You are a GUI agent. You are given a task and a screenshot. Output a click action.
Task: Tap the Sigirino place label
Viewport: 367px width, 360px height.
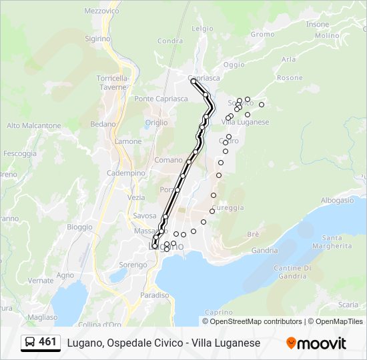[x=97, y=39]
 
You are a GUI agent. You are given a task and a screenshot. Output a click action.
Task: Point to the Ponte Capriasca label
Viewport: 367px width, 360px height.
[x=161, y=99]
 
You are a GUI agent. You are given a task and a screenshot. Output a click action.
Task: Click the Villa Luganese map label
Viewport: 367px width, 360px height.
[x=245, y=122]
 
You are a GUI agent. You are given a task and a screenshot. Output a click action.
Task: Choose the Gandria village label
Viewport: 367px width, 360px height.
[x=265, y=251]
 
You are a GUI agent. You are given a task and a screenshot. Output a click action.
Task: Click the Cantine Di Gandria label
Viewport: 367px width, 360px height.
[x=292, y=272]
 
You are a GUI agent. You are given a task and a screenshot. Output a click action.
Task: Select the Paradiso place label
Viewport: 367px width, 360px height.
[x=155, y=295]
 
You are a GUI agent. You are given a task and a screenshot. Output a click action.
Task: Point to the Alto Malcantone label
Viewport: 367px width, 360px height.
[x=33, y=125]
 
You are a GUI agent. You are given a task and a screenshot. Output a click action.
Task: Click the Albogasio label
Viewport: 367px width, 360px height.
[x=337, y=200]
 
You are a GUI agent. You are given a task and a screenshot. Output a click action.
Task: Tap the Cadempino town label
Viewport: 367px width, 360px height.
[x=127, y=173]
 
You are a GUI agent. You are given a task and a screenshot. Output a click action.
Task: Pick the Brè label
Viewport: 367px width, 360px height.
[x=253, y=234]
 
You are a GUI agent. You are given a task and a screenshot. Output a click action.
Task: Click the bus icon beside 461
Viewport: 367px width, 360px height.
[x=29, y=343]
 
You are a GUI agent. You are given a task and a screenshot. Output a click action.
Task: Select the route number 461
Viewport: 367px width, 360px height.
[x=48, y=342]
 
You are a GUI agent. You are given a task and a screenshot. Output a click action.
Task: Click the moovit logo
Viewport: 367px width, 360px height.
[x=316, y=343]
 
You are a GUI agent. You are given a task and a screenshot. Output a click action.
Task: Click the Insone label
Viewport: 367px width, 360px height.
[x=318, y=24]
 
